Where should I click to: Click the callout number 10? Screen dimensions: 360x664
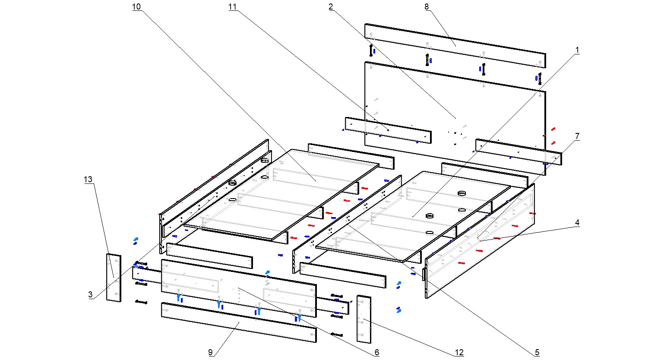[136, 7]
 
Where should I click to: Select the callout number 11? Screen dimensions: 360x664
[233, 7]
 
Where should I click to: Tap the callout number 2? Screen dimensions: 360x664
[331, 7]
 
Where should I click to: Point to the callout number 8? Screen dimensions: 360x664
[427, 7]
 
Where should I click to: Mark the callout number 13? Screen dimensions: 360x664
[88, 180]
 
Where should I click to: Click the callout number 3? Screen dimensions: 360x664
[90, 295]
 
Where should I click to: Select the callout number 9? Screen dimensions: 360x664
[211, 353]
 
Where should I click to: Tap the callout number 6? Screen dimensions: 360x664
[376, 353]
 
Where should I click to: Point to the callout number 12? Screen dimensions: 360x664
[459, 353]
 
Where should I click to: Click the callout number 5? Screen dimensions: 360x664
[537, 353]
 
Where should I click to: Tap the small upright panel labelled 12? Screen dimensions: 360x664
[364, 319]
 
